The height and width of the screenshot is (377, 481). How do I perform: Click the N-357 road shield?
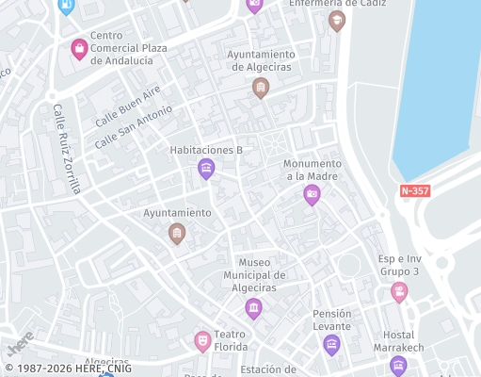coord(415,190)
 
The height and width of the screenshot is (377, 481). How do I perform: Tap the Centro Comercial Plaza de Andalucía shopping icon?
coord(79,48)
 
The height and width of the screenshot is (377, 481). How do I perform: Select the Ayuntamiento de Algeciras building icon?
coord(261,89)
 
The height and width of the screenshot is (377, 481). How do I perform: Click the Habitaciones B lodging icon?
coord(206,169)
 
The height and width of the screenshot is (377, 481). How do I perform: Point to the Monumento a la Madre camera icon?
coord(312,195)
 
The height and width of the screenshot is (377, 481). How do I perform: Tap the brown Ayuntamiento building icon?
coord(176,232)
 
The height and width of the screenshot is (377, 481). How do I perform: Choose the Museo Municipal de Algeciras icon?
coord(253,308)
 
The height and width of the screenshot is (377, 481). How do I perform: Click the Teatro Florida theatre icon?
coord(202,340)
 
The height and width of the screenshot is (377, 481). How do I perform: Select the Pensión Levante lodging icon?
coord(331,345)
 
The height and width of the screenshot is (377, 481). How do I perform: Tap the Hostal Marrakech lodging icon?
coord(398,366)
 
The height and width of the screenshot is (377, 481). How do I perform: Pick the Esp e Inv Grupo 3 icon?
coord(399,292)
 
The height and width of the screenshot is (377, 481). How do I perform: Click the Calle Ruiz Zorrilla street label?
coord(67,148)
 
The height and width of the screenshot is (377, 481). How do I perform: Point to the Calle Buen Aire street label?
coord(128,106)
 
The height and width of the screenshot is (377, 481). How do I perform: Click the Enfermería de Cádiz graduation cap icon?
coord(337,21)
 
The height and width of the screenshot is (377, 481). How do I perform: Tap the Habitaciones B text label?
coord(206,150)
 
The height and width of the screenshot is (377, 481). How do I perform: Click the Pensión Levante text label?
coord(331,320)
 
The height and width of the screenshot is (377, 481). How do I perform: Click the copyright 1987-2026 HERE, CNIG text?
coord(68,369)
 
